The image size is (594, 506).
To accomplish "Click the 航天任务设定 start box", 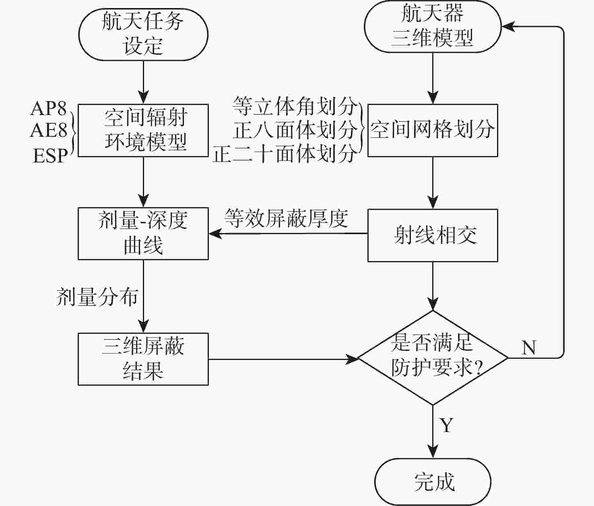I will tap(143, 34).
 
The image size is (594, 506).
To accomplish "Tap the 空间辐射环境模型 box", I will tap(143, 130).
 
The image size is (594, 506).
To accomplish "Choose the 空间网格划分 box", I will tap(433, 130).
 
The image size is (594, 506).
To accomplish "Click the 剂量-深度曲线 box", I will tap(143, 233).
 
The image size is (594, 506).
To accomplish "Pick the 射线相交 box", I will tap(433, 235).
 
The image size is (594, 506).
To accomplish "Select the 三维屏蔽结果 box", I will tap(143, 359).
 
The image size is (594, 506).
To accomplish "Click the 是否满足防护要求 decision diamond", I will tap(433, 357).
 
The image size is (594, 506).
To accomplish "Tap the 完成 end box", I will tap(433, 481).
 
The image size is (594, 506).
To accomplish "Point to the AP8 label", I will tap(49, 108).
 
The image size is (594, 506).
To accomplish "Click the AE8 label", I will tap(49, 130).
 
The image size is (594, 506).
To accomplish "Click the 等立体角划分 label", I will tap(295, 106).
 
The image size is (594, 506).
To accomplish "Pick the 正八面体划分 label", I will tap(295, 130).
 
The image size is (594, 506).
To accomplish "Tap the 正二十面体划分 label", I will tap(285, 154).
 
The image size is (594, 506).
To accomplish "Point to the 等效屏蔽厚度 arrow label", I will tap(286, 218).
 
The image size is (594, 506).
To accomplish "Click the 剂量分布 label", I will tap(97, 297).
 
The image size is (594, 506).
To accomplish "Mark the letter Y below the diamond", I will tap(447, 425).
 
